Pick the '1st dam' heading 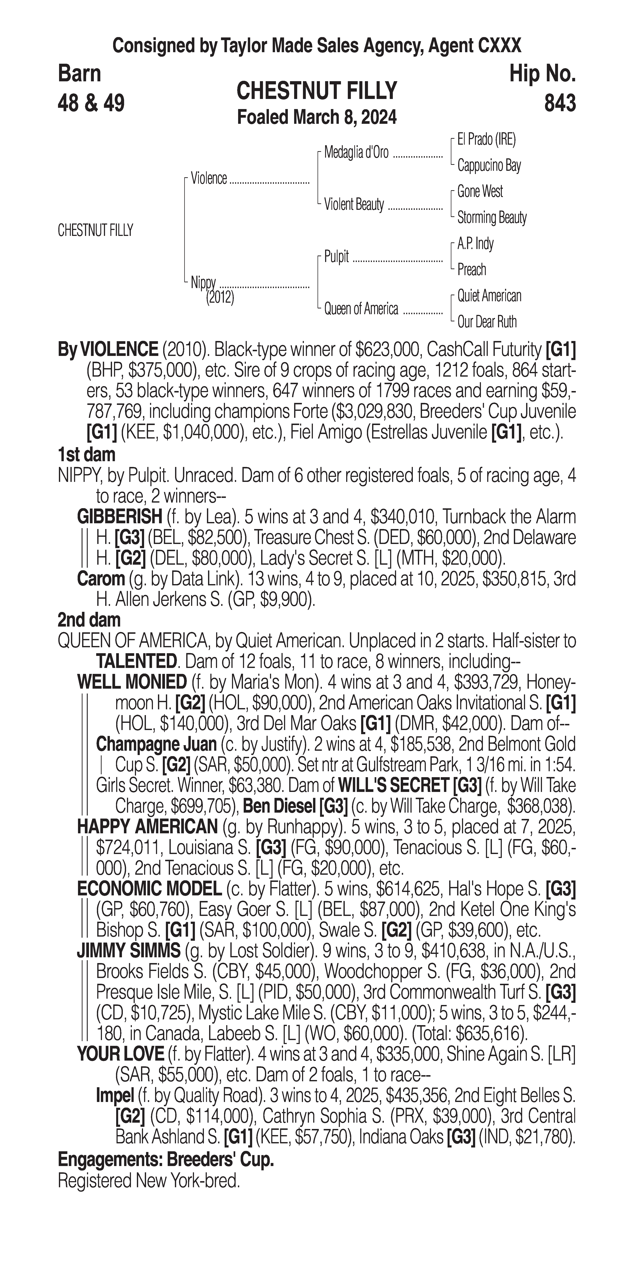pos(86,455)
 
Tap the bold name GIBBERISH pos(119,517)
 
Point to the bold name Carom pos(101,579)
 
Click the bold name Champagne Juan pos(156,744)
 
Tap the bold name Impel pos(115,1095)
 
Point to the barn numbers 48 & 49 pos(91,103)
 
